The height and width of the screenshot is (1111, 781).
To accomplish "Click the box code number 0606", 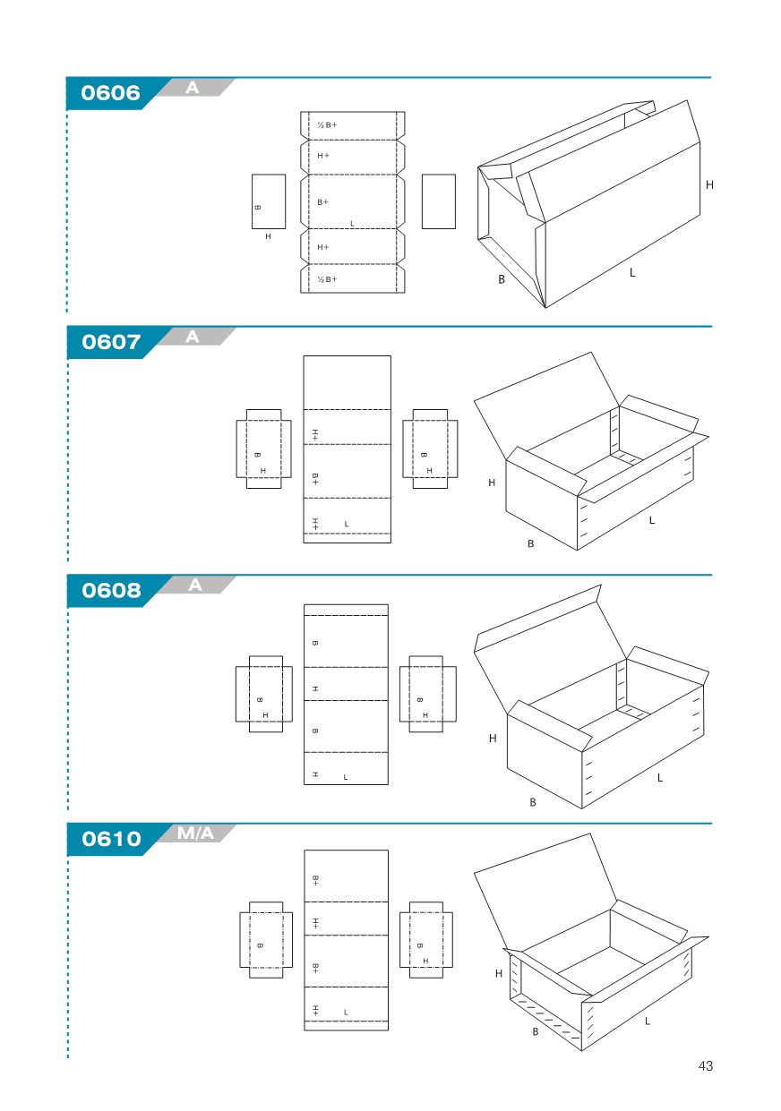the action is (110, 93).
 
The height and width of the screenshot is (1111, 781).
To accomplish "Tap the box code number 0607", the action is (111, 342).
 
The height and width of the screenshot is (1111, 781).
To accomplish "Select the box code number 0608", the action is (111, 590).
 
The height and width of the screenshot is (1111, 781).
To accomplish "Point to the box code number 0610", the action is (111, 839).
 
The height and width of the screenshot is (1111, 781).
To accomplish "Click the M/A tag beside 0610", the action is (195, 833).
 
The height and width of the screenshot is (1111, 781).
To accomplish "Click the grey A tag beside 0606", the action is (193, 88).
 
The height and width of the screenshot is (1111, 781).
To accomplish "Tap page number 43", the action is (705, 1065).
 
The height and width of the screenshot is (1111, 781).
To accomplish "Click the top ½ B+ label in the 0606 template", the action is (327, 125).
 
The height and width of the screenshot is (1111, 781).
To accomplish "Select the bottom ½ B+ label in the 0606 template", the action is (327, 279).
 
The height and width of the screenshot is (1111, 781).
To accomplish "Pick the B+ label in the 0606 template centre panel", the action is (322, 201).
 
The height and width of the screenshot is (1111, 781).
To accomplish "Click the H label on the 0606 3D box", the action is (709, 185).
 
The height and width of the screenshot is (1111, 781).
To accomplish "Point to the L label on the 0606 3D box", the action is (632, 272).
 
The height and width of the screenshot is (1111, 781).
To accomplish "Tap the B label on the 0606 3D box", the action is (502, 279).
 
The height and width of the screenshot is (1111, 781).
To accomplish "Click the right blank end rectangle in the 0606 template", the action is (439, 201).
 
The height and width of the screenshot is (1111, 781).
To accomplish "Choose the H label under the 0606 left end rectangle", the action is (268, 236).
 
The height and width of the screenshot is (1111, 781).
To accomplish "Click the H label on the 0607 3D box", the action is (492, 483).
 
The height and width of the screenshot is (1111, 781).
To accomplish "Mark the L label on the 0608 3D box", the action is (660, 778).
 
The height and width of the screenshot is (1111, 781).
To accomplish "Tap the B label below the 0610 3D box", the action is (536, 1031).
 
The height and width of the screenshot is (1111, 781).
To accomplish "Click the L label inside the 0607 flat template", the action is (347, 524).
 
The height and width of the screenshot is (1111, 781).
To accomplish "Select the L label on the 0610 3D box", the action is (647, 1021).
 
